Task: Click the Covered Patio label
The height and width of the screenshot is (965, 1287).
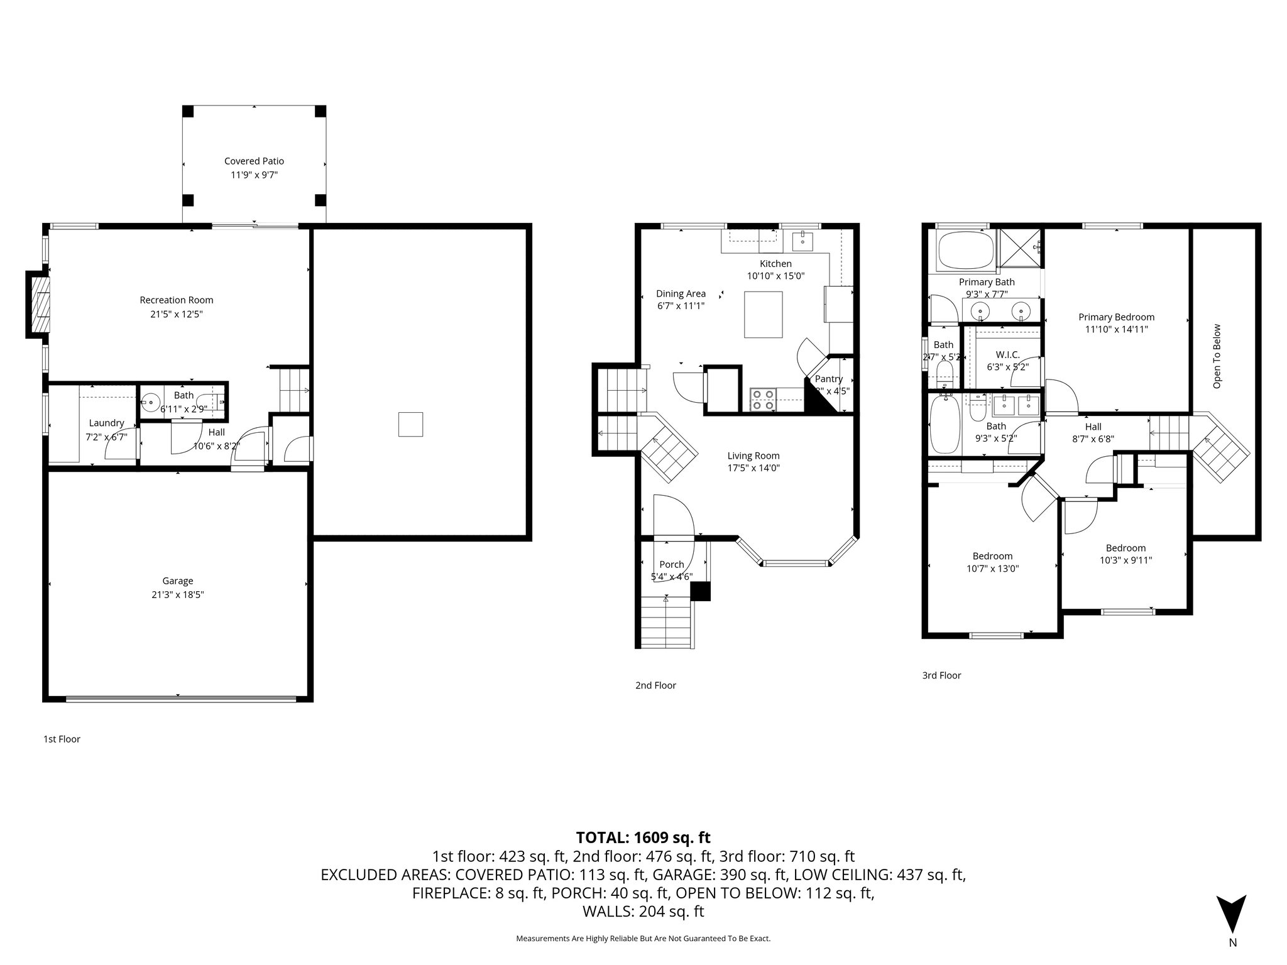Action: pos(254,161)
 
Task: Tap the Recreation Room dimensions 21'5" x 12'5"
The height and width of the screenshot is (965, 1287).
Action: pos(177,314)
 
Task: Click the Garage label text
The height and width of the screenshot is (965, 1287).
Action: pos(177,581)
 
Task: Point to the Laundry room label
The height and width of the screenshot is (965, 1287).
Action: pos(106,423)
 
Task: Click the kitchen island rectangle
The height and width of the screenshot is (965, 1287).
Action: pos(764,314)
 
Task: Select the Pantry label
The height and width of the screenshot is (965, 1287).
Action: pos(828,379)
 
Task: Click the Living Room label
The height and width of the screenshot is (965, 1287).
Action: pos(753,456)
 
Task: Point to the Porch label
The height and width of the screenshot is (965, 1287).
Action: pos(671,565)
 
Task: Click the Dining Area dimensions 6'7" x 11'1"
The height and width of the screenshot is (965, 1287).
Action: pos(681,307)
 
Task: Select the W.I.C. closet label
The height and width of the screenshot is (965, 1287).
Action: pos(1008,355)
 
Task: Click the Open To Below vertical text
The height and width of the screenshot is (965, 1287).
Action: pos(1217,356)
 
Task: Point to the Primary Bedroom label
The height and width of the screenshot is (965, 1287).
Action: pos(1116,317)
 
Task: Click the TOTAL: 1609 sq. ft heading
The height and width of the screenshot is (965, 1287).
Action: pos(643,837)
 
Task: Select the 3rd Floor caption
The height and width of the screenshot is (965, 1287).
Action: pos(941,675)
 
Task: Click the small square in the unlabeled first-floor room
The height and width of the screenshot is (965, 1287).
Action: pos(410,424)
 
